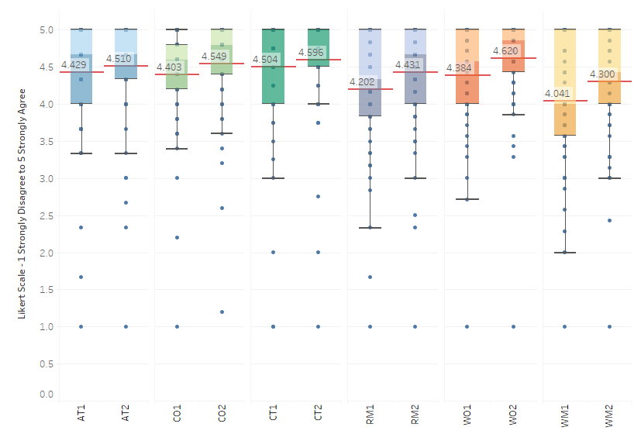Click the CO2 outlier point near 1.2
click(222, 312)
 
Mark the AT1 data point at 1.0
click(81, 326)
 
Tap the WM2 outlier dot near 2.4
click(609, 220)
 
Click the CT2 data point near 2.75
click(319, 197)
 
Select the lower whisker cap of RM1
click(370, 227)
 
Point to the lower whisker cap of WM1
click(564, 252)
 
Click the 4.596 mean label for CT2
click(312, 53)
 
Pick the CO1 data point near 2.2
click(177, 237)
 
